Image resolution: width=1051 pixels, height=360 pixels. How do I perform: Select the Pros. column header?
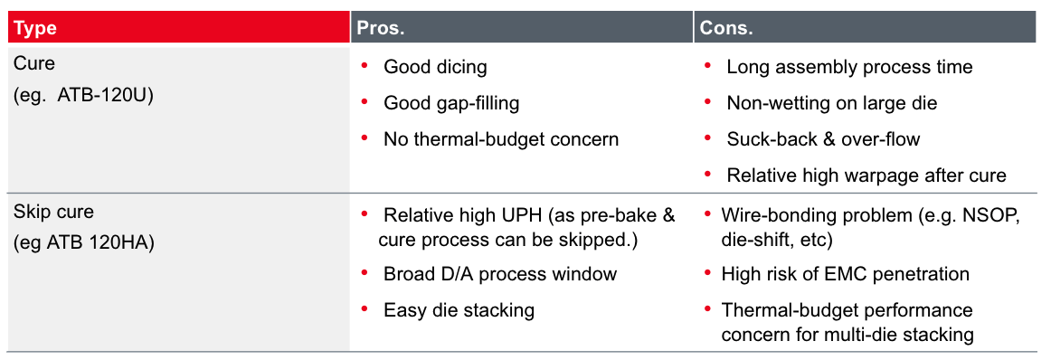click(x=381, y=28)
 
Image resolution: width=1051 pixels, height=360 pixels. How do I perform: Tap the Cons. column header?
click(x=726, y=28)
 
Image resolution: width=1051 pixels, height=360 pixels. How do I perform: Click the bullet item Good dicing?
click(x=435, y=67)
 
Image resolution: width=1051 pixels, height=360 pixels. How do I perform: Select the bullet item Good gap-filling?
click(x=451, y=103)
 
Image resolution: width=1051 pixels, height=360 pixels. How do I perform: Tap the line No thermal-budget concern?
click(x=501, y=139)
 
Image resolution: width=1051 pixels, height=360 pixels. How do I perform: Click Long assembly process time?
click(x=849, y=67)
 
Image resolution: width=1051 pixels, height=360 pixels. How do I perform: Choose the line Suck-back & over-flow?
click(x=823, y=139)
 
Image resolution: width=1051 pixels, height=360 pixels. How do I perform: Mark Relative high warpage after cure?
click(x=866, y=175)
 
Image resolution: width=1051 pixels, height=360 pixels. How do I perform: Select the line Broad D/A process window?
click(x=500, y=273)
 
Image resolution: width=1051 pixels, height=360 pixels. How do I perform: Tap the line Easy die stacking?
click(x=459, y=309)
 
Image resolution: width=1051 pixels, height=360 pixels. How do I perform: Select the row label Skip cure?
click(x=53, y=212)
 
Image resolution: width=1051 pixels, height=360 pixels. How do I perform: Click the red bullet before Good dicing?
click(x=365, y=64)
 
